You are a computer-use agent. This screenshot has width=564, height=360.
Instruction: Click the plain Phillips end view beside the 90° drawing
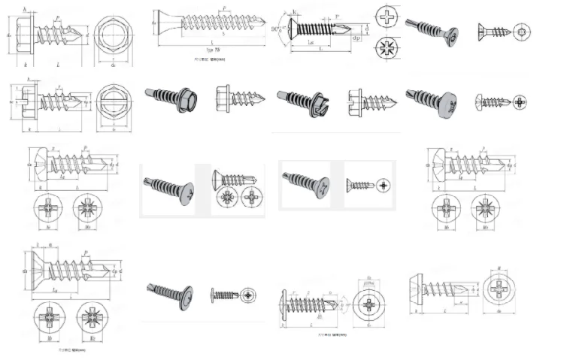tap(387, 16)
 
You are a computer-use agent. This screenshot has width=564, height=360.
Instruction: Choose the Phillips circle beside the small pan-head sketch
tap(521, 101)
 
